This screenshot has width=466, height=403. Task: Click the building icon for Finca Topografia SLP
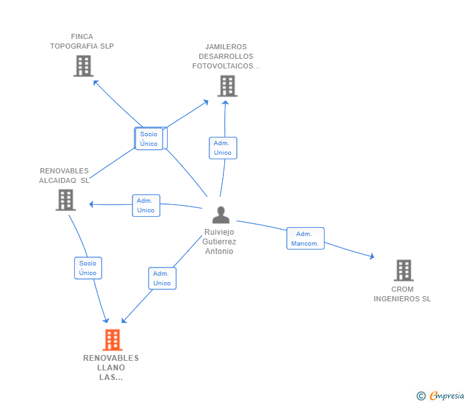pos(83,66)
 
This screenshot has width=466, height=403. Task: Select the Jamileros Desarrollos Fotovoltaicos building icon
pos(227,86)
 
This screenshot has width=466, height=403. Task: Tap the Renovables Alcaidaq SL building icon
pos(66,200)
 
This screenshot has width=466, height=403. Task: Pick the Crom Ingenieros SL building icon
pos(403,271)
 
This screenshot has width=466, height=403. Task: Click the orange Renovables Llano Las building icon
pos(112,340)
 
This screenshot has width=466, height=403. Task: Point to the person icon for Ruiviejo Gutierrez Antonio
pos(220,215)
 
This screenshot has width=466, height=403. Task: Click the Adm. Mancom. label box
pos(305,239)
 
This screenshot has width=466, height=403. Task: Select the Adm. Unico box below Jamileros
pos(223,148)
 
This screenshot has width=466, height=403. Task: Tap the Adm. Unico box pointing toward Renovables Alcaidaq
pos(146,205)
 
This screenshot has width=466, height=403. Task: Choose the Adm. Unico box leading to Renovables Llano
pos(162,278)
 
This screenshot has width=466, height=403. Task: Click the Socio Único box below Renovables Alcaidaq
pos(88,268)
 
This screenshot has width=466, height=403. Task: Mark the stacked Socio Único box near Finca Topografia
pos(149,139)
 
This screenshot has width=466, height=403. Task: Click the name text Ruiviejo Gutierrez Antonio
pos(220,242)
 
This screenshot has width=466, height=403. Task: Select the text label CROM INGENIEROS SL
pos(403,294)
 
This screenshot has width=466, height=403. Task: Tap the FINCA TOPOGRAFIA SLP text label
pos(82,42)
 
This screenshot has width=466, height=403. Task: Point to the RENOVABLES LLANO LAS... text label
pos(111,368)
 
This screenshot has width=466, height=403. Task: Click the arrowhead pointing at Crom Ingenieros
pos(371,257)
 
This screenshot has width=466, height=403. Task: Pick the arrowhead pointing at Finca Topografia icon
pos(95,81)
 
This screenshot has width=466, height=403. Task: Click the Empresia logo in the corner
pos(446,395)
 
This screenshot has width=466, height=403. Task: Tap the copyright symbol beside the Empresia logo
pos(421,396)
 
